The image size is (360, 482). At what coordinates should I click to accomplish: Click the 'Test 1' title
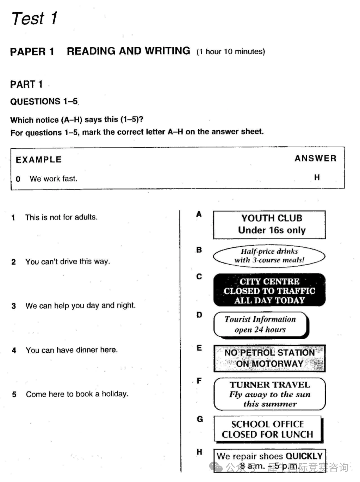[34, 18]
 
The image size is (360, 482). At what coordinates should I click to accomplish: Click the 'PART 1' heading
[26, 85]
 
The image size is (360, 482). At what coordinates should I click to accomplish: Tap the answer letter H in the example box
[317, 177]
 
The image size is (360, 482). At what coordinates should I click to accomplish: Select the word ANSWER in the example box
[315, 158]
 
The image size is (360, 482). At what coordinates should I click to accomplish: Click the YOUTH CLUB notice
[269, 224]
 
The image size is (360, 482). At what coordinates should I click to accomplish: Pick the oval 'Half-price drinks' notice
[269, 256]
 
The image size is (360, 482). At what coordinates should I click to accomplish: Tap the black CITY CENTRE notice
[269, 290]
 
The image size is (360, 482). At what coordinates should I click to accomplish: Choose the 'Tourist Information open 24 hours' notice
[261, 324]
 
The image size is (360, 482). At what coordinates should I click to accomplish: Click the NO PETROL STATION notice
[269, 358]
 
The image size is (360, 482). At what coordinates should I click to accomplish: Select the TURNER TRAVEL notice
[269, 394]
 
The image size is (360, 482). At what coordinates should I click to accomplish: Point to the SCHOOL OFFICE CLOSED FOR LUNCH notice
[268, 429]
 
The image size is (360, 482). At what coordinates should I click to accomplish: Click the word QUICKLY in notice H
[304, 456]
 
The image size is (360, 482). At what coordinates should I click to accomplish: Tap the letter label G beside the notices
[200, 419]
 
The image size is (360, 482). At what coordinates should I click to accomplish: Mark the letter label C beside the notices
[199, 277]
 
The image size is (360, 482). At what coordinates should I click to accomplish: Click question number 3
[14, 306]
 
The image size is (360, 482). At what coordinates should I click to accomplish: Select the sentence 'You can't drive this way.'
[68, 261]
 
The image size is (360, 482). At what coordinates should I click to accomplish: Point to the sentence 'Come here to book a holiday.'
[77, 394]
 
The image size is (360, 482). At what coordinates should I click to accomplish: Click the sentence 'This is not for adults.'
[61, 217]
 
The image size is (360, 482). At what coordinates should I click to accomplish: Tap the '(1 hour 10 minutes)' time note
[231, 51]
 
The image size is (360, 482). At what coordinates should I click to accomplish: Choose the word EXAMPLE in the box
[39, 160]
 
